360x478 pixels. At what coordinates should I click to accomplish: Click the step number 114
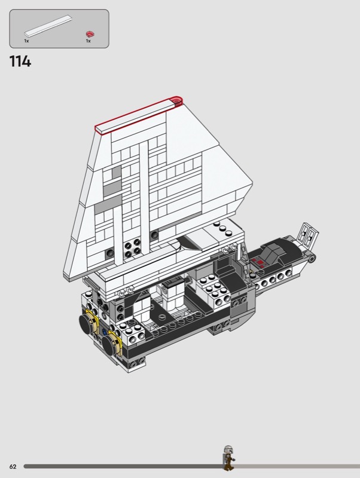point(20,62)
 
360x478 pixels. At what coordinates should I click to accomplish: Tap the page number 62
point(13,467)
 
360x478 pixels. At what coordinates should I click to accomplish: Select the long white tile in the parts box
point(48,26)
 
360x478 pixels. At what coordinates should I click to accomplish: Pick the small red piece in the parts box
point(90,34)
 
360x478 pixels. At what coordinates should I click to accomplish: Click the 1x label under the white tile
point(26,41)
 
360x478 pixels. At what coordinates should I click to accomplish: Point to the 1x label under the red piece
point(88,41)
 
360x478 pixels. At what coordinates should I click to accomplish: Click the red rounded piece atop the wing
point(176,101)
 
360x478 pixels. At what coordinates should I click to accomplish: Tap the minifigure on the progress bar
point(228,458)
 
